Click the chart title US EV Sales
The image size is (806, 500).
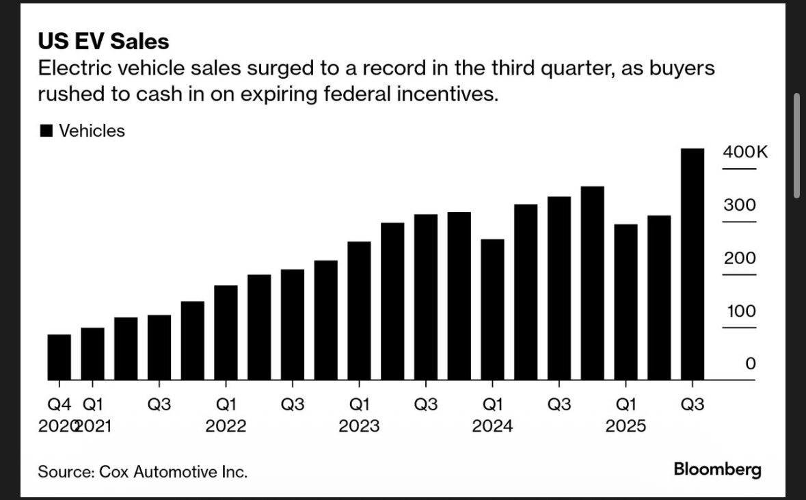[x=103, y=42]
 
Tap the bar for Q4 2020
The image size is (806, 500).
[x=59, y=357]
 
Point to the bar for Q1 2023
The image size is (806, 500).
[x=359, y=311]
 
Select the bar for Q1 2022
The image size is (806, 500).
[x=226, y=332]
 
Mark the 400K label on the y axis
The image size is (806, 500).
[x=744, y=152]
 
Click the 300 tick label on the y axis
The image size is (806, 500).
[x=740, y=205]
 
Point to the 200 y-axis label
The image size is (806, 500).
[x=740, y=259]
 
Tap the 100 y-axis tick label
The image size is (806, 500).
[x=740, y=312]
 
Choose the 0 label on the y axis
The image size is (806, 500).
[x=750, y=364]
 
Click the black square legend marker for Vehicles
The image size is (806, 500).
[x=46, y=131]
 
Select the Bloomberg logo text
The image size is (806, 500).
[x=717, y=470]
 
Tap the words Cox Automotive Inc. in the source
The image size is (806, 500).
[x=173, y=472]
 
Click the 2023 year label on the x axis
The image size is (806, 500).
[x=359, y=426]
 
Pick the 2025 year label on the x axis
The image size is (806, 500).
[x=626, y=426]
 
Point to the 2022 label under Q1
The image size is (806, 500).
[x=226, y=426]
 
